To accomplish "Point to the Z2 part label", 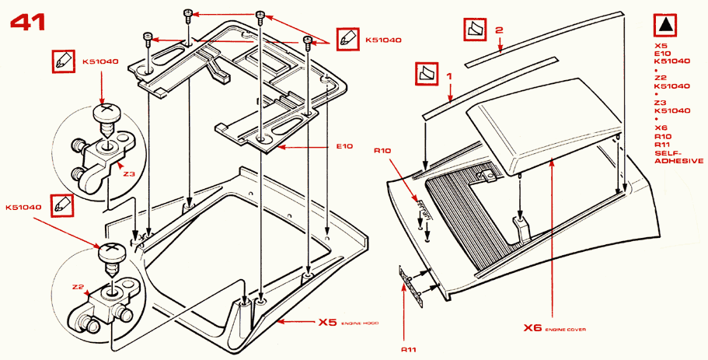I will [x=77, y=286].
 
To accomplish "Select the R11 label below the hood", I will [x=410, y=349].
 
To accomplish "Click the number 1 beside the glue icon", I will [x=449, y=76].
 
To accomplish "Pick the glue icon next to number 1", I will [x=427, y=75].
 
